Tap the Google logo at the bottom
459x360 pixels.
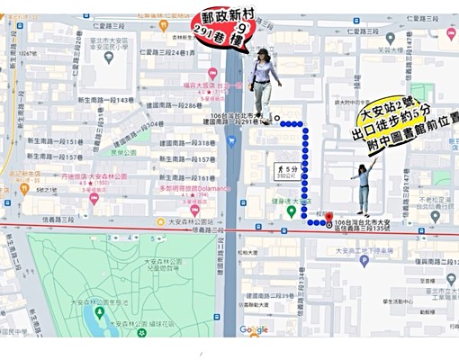click(x=254, y=330)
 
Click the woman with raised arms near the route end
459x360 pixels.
click(x=364, y=185)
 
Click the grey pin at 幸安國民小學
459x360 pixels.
click(x=109, y=57)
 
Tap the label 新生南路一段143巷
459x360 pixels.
click(x=105, y=100)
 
